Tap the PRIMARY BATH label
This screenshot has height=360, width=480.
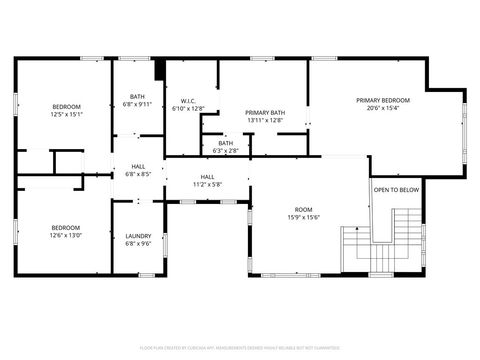click(x=265, y=113)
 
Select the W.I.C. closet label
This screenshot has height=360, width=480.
click(x=187, y=100)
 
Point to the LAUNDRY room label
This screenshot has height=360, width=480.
click(x=138, y=236)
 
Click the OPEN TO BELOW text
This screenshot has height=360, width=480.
click(x=396, y=190)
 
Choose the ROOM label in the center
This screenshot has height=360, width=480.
click(x=303, y=210)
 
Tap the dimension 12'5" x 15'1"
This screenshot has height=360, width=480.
click(x=66, y=114)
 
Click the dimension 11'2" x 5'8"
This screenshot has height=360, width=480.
click(x=207, y=184)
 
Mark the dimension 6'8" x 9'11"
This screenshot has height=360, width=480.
click(x=138, y=104)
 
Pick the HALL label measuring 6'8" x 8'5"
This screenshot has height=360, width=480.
click(x=138, y=167)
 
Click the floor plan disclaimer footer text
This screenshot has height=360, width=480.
click(x=239, y=348)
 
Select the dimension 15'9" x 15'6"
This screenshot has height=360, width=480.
click(x=303, y=218)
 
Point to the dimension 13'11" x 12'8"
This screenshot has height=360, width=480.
click(x=265, y=121)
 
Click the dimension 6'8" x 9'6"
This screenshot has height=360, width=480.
click(x=138, y=244)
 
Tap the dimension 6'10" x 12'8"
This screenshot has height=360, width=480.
click(x=187, y=108)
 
